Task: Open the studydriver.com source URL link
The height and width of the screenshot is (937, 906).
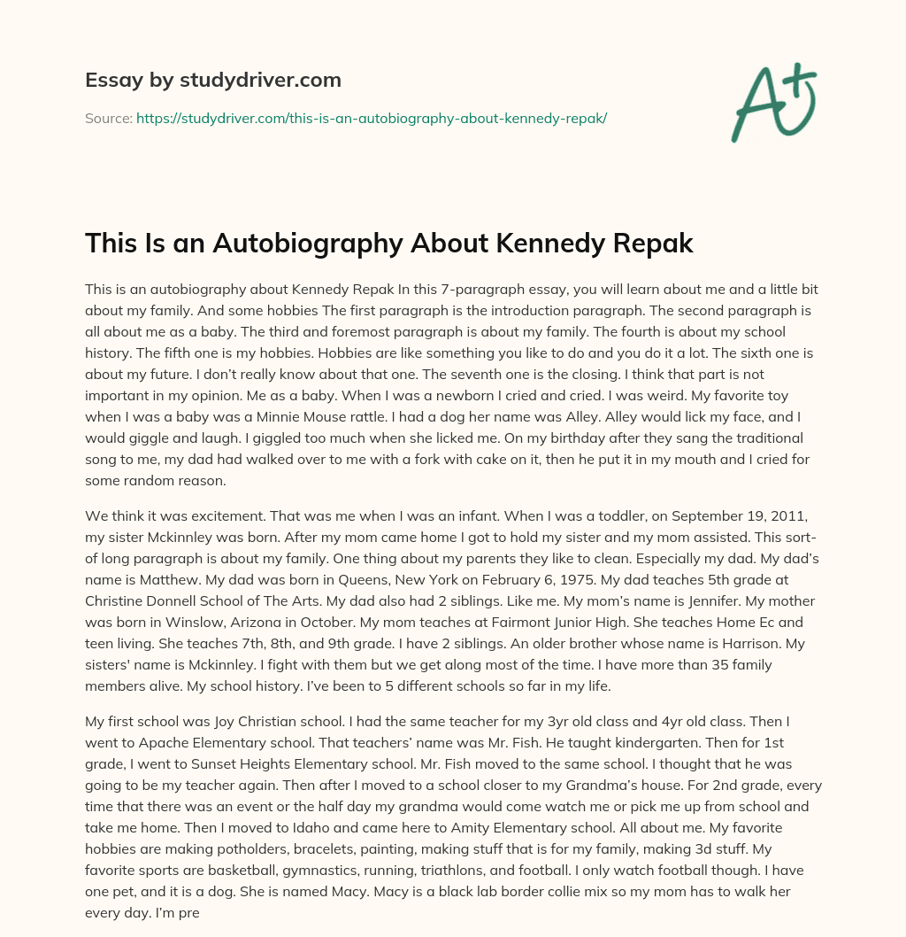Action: tap(371, 118)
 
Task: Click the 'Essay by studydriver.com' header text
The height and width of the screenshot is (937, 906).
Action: tap(212, 80)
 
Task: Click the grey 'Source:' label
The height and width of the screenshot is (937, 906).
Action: tap(108, 118)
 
